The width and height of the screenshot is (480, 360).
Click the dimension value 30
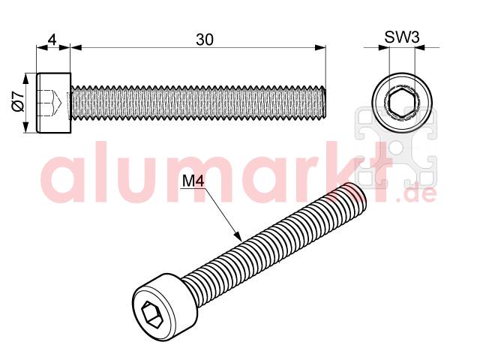[204, 40]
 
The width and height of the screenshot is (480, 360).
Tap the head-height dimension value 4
[52, 40]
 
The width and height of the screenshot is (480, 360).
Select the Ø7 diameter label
[18, 100]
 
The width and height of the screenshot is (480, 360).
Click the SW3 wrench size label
[402, 37]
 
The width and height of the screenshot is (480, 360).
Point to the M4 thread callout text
[193, 181]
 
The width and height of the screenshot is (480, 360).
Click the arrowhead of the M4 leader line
[238, 235]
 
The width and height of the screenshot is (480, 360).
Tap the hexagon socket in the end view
[402, 102]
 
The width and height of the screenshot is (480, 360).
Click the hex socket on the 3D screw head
[151, 315]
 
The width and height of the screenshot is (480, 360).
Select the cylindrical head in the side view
[54, 103]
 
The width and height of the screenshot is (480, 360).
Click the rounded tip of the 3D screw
[357, 196]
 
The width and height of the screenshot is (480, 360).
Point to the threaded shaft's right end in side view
[325, 103]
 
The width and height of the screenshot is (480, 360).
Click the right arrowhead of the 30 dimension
[320, 47]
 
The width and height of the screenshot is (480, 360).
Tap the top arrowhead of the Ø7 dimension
[26, 78]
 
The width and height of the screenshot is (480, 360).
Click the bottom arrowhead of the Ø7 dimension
[26, 127]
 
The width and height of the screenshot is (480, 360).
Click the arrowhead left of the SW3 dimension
[383, 47]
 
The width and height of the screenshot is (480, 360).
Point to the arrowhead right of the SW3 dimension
[420, 47]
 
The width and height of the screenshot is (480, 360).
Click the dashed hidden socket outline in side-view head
[49, 103]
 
